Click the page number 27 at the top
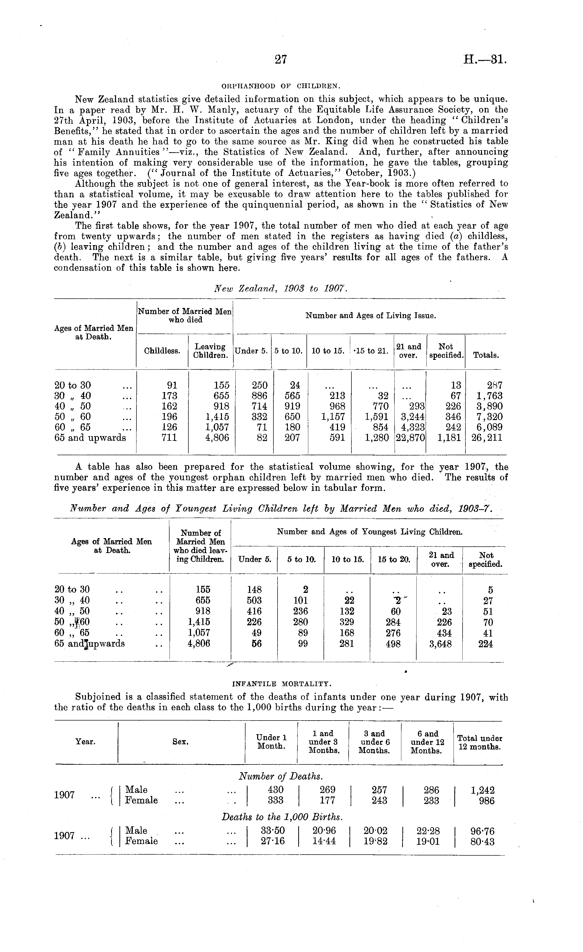[281, 59]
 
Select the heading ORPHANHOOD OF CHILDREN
[280, 86]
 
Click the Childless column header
[162, 351]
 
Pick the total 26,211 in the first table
[486, 438]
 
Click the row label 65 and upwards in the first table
[90, 438]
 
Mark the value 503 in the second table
[254, 600]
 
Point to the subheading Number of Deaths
[281, 776]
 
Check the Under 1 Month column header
[271, 742]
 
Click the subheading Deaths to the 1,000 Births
[282, 817]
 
